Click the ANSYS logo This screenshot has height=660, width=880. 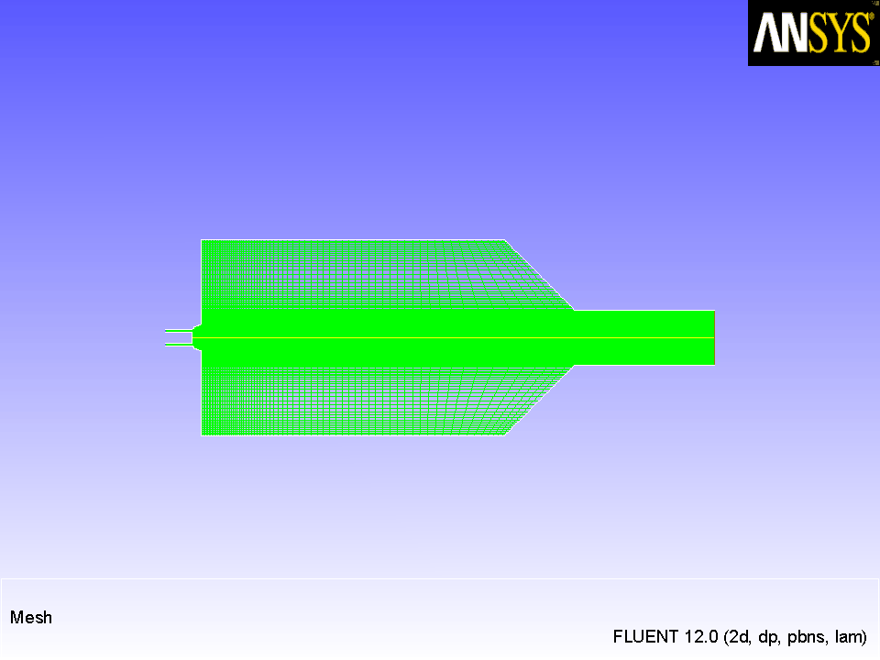(813, 33)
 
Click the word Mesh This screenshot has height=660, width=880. (31, 617)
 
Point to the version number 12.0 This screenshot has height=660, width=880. (701, 636)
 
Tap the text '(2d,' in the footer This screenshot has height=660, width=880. (738, 637)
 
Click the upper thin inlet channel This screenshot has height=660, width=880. (179, 331)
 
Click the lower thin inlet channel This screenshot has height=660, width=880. (179, 345)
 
